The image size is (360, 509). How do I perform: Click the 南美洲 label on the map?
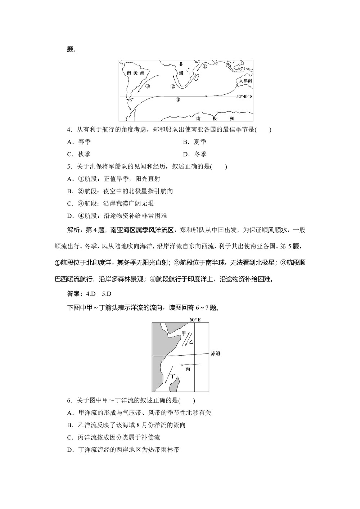tap(135, 73)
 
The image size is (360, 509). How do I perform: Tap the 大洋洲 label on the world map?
tap(246, 81)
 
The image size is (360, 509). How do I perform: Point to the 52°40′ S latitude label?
tap(244, 97)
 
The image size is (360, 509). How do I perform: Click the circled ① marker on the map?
tap(204, 66)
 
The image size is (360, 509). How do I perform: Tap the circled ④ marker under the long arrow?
tap(177, 100)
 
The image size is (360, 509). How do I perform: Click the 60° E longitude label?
tap(195, 320)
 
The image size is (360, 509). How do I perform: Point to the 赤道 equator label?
tap(215, 353)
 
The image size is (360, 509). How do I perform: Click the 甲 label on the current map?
tap(184, 333)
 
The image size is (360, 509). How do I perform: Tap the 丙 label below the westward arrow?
tap(188, 369)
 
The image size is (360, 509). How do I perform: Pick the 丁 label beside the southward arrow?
tap(172, 376)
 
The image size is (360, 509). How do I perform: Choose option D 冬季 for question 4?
tap(195, 154)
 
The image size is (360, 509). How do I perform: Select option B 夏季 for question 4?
tap(195, 142)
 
